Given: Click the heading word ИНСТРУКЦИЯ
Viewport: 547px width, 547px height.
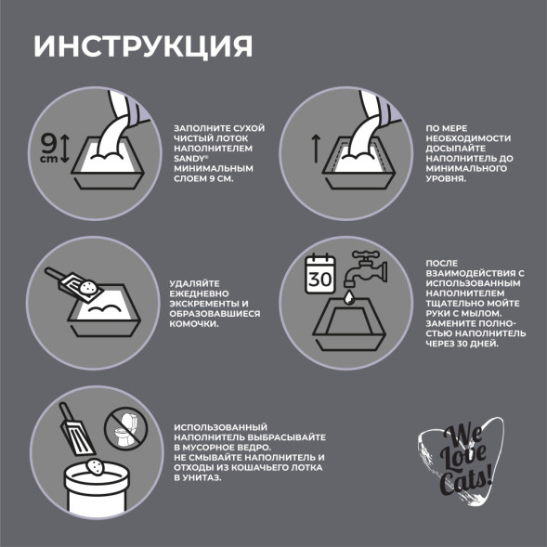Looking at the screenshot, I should point(142,46).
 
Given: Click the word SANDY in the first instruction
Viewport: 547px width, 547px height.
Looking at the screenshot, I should point(189,159).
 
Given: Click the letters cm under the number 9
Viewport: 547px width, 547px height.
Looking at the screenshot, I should point(46,159).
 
